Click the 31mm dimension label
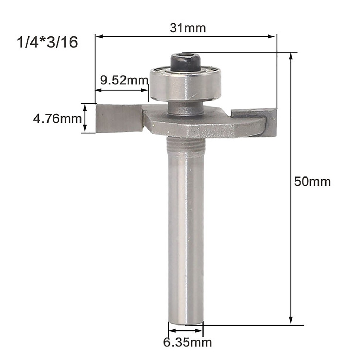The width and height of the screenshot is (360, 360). (187, 28)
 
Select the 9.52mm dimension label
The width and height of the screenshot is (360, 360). (124, 81)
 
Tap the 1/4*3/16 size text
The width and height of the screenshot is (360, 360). (47, 42)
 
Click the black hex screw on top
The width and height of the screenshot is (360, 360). (186, 62)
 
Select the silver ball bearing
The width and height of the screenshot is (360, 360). (186, 84)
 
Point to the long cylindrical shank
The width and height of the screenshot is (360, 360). (186, 229)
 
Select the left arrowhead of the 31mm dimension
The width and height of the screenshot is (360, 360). (98, 36)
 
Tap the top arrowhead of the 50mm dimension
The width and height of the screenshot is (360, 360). (291, 56)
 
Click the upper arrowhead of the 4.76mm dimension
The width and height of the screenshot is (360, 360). (84, 107)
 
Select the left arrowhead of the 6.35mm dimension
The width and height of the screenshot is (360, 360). (171, 331)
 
